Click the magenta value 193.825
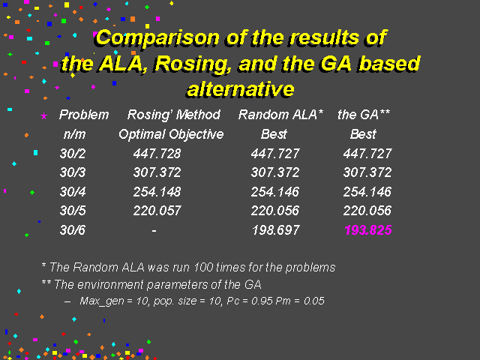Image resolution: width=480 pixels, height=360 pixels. pyautogui.click(x=368, y=230)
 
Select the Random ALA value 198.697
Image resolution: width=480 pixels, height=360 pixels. pyautogui.click(x=275, y=230)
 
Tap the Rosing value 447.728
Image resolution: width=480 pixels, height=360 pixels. pyautogui.click(x=157, y=153)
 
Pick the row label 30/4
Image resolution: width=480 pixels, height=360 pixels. pyautogui.click(x=73, y=192)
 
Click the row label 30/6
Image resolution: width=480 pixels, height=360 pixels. pyautogui.click(x=73, y=230)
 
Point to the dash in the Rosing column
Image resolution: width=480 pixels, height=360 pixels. pyautogui.click(x=154, y=231)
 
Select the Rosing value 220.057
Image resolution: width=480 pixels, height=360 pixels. pyautogui.click(x=157, y=211)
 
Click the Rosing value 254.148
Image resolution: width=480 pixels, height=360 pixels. pyautogui.click(x=157, y=192)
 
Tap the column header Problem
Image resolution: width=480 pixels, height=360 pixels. pyautogui.click(x=84, y=115)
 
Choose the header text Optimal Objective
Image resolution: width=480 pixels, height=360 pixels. pyautogui.click(x=171, y=134)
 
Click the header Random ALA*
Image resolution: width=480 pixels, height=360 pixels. pyautogui.click(x=280, y=115)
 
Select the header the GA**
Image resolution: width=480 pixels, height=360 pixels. pyautogui.click(x=364, y=115)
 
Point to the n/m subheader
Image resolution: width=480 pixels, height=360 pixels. pyautogui.click(x=74, y=134)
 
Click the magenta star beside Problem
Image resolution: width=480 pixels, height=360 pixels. pyautogui.click(x=44, y=116)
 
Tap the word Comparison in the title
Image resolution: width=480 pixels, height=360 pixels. pyautogui.click(x=157, y=37)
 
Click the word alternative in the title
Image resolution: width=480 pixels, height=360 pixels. pyautogui.click(x=241, y=89)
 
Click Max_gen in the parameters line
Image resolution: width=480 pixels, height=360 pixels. pyautogui.click(x=102, y=301)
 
